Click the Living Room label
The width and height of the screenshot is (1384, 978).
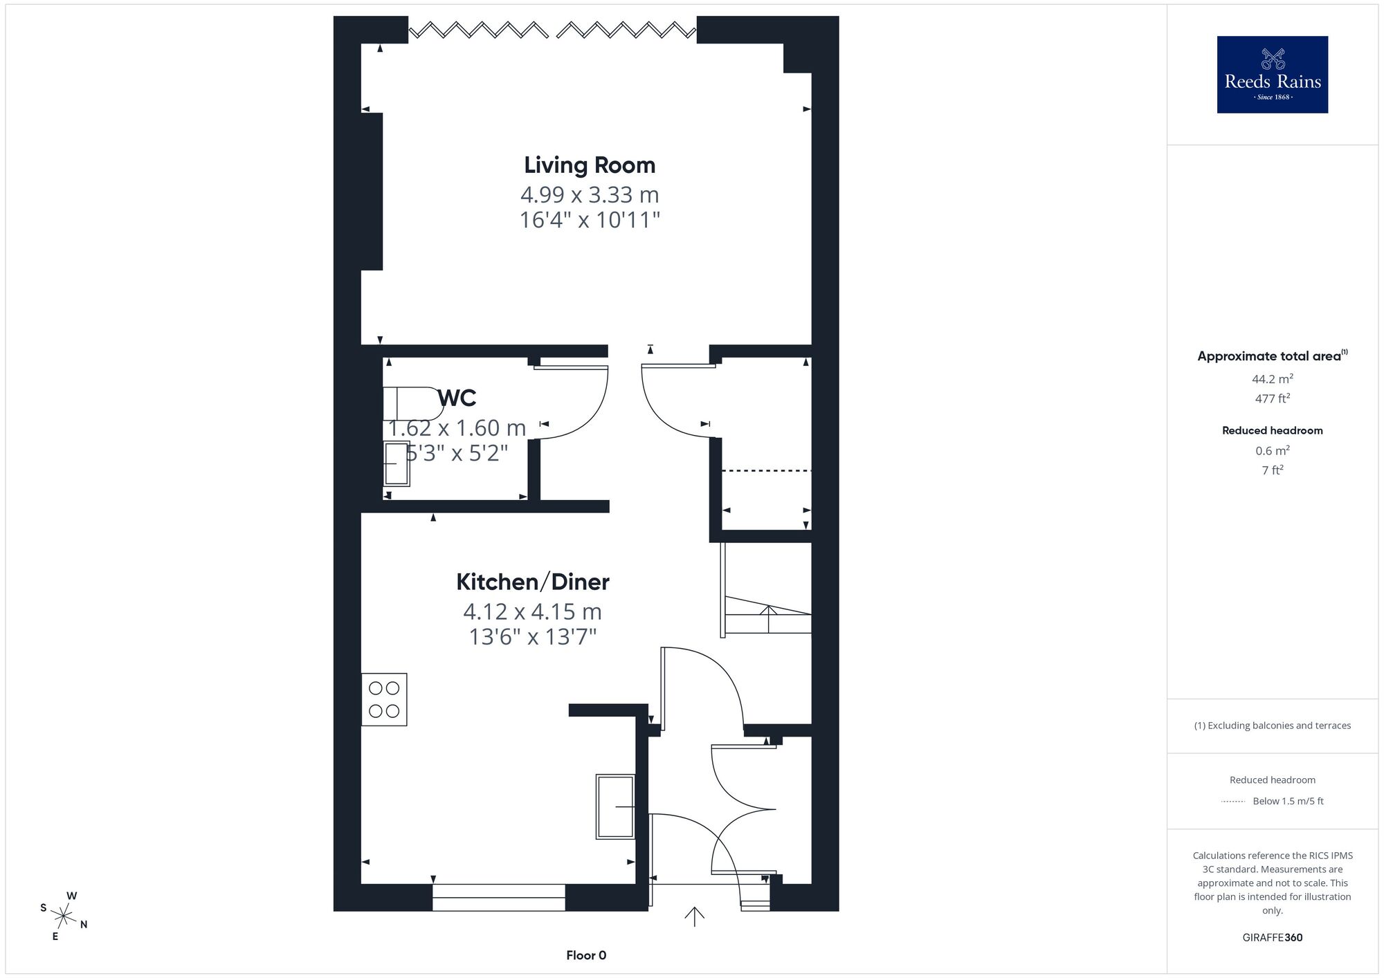pos(590,165)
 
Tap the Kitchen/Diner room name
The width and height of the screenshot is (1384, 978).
pos(532,582)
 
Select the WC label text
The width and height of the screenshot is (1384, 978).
pos(457,398)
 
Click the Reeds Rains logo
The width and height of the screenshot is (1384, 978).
pos(1273,75)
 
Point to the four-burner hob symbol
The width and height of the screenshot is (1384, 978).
pos(384,699)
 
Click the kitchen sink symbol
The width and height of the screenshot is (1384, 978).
pos(615,806)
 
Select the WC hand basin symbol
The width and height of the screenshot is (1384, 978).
pos(397,463)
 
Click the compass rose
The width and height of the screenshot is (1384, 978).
pos(64,917)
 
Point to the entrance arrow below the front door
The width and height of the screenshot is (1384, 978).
pos(694,916)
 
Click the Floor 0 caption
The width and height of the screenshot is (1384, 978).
pos(586,955)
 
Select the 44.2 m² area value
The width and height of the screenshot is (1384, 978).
pos(1273,378)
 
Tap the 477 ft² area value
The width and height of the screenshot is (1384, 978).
pos(1273,398)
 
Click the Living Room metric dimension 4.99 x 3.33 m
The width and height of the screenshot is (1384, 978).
pos(590,194)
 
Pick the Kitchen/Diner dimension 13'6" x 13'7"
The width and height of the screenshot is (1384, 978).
pos(533,636)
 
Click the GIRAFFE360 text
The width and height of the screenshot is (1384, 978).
pos(1273,938)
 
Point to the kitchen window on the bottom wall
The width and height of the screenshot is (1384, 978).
pos(499,897)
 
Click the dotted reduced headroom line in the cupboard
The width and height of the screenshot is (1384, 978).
pos(767,471)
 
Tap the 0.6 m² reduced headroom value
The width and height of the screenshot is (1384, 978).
pos(1273,450)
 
